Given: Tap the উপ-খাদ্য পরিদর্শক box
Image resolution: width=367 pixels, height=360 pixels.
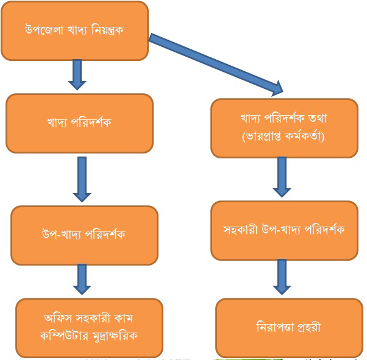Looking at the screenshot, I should point(84,235).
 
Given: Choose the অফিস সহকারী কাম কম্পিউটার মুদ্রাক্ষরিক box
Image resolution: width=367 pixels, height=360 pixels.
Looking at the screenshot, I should point(89,326).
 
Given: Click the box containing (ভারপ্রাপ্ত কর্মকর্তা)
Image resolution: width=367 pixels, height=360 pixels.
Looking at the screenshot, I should point(284,129).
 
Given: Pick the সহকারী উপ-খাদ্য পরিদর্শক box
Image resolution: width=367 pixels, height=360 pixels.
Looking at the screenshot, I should point(284,230).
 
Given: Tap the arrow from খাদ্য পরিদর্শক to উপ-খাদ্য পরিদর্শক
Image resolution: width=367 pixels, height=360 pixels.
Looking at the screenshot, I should point(82,179).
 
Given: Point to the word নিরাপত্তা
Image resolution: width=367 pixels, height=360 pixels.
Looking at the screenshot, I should point(274,328).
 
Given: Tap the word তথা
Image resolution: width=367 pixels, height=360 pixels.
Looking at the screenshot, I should point(316,120).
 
